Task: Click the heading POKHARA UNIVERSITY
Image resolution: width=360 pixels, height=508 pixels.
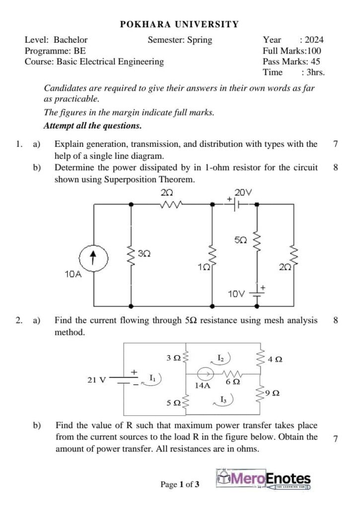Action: (180, 24)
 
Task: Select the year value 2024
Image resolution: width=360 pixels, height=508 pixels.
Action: (314, 40)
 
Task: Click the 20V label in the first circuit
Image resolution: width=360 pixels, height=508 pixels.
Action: (243, 192)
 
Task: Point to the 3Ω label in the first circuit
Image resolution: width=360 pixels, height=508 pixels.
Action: (144, 254)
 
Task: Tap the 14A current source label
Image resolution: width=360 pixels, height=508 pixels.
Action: (202, 384)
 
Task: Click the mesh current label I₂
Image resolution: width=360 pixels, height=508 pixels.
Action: (221, 357)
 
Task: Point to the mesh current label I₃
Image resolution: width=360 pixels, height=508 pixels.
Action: (223, 398)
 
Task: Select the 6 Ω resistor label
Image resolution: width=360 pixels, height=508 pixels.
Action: (232, 382)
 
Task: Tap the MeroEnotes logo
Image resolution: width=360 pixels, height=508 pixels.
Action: (264, 479)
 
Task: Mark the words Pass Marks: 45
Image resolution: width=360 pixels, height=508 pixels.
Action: (291, 62)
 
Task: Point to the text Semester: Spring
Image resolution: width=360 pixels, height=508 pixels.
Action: (180, 40)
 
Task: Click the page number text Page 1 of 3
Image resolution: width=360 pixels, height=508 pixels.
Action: (180, 484)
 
